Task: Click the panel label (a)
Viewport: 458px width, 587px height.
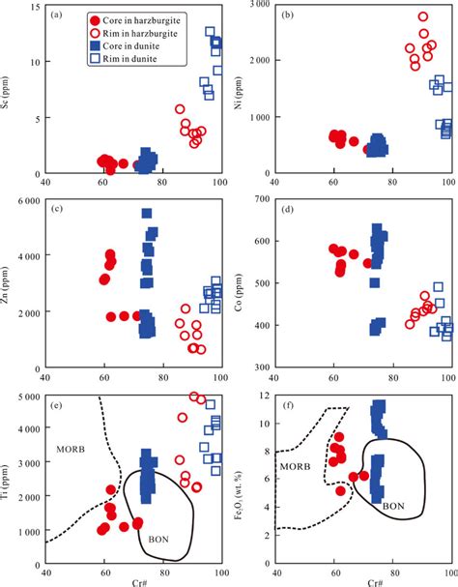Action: click(59, 15)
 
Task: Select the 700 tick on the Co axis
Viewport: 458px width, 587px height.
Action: click(261, 200)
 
